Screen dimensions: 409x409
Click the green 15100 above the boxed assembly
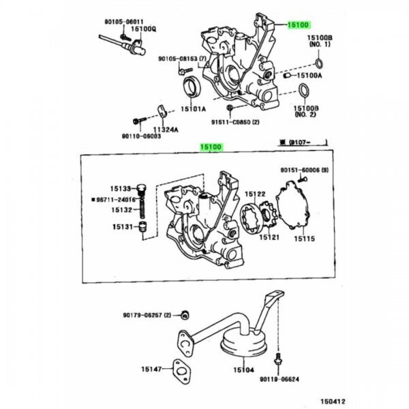(x=211, y=147)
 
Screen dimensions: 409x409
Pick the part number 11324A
(x=166, y=130)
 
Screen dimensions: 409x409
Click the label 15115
(x=304, y=239)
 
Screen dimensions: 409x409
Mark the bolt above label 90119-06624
(x=278, y=359)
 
